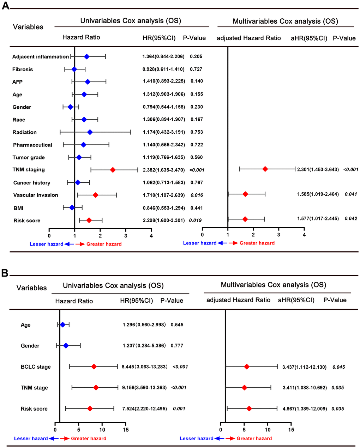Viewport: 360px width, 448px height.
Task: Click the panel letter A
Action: pyautogui.click(x=5, y=6)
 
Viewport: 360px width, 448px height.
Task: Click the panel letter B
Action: pyautogui.click(x=5, y=273)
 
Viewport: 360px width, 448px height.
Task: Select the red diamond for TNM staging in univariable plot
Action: pyautogui.click(x=113, y=170)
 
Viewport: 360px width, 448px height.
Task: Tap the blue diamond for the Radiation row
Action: pyautogui.click(x=90, y=132)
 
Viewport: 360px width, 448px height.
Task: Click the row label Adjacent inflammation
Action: pyautogui.click(x=41, y=57)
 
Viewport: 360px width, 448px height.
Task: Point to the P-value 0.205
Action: pyautogui.click(x=196, y=56)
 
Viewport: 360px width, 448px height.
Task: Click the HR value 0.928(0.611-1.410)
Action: pyautogui.click(x=163, y=69)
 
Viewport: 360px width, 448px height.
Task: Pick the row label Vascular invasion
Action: pyautogui.click(x=36, y=195)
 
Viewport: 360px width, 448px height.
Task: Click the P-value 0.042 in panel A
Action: pyautogui.click(x=351, y=219)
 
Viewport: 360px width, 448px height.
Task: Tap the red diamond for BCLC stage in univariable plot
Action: pyautogui.click(x=94, y=367)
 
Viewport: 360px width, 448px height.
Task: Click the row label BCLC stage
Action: pyautogui.click(x=36, y=367)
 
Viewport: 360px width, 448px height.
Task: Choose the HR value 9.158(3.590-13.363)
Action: pyautogui.click(x=144, y=388)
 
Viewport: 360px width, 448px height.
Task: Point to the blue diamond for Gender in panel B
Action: pyautogui.click(x=66, y=346)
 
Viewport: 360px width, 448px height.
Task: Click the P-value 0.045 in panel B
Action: pyautogui.click(x=338, y=367)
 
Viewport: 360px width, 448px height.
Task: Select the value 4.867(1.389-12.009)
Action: pyautogui.click(x=304, y=409)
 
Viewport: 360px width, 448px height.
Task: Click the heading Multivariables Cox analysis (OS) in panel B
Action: pyautogui.click(x=273, y=285)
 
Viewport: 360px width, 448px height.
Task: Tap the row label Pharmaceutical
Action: pyautogui.click(x=32, y=145)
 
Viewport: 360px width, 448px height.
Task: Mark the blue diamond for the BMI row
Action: pyautogui.click(x=72, y=208)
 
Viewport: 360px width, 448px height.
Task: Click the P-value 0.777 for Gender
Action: pyautogui.click(x=177, y=346)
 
